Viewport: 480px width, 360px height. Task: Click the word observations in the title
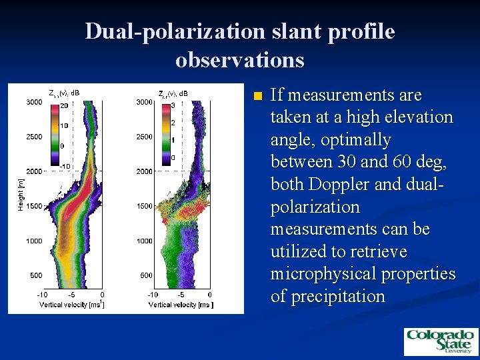click(x=240, y=60)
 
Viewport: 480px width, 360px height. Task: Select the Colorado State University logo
click(x=440, y=342)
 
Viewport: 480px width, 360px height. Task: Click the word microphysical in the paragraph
click(x=314, y=274)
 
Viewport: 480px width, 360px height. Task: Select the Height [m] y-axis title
click(x=21, y=193)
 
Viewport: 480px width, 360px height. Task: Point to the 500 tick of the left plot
click(x=36, y=275)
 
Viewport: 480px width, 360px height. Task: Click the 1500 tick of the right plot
click(x=144, y=206)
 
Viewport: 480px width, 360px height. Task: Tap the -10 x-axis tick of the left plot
click(x=43, y=295)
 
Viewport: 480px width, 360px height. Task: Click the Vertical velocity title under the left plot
click(x=71, y=305)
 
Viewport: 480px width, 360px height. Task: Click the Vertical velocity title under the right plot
click(x=180, y=305)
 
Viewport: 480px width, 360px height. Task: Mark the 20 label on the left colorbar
click(x=64, y=106)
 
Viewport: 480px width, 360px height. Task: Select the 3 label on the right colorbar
click(x=173, y=106)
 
